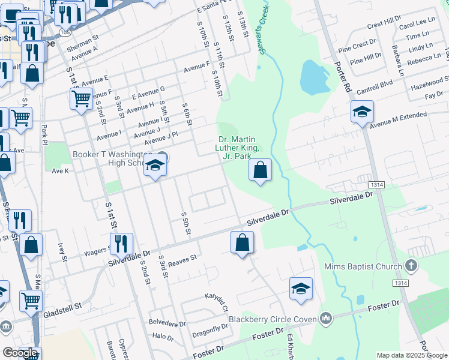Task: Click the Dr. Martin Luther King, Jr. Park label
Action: pos(238,148)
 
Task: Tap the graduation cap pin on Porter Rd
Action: pos(362,112)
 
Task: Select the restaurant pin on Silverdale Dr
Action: pos(122,244)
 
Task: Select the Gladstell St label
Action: pos(62,308)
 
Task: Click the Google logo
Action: pos(20,353)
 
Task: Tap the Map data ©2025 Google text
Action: pos(412,355)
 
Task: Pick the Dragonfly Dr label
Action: pos(209,330)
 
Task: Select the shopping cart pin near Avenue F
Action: pos(80,97)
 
